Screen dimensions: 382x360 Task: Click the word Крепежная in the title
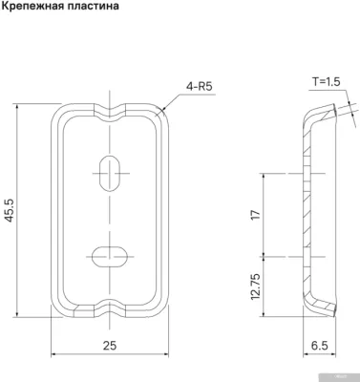tap(35, 8)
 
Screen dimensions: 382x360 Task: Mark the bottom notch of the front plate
tap(111, 309)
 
